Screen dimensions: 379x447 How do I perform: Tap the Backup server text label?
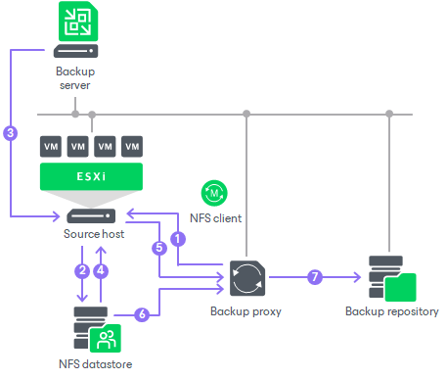coord(74,78)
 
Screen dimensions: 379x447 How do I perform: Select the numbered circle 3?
coord(11,132)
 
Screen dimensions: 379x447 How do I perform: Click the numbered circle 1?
coord(177,238)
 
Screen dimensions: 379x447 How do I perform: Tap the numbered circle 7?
coord(314,277)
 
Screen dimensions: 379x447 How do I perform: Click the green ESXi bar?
coord(91,177)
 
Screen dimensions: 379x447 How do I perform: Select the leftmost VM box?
coord(51,146)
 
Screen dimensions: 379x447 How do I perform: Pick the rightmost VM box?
coord(132,146)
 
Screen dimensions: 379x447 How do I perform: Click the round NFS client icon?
coord(212,192)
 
